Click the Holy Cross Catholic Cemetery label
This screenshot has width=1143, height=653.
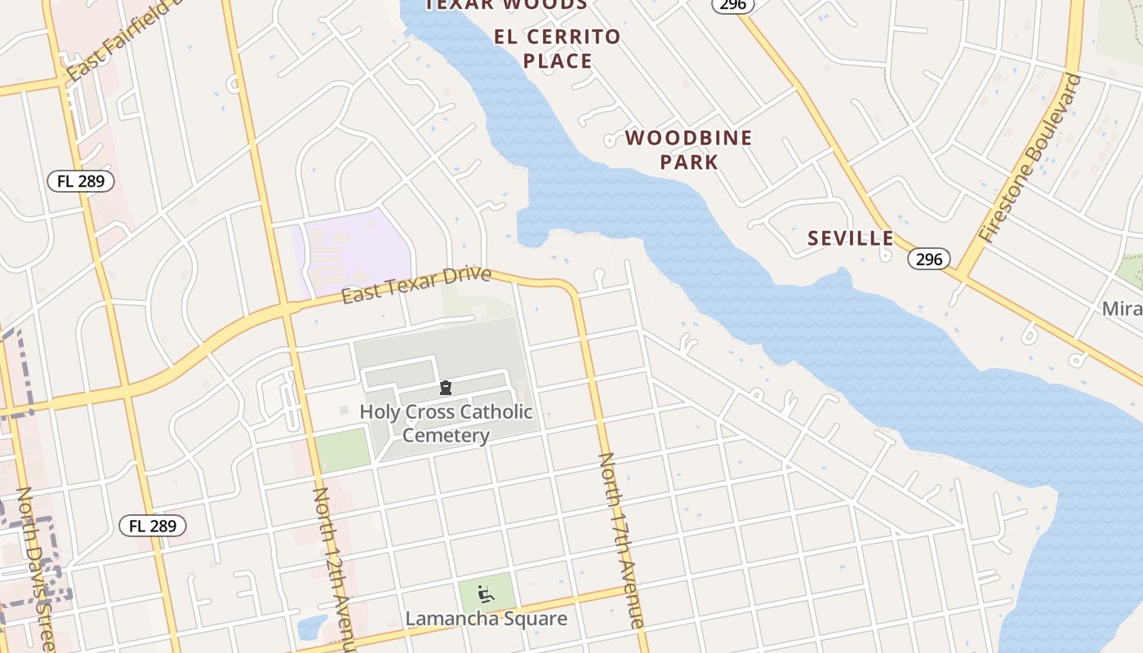pos(446,423)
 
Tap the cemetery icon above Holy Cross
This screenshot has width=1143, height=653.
pos(446,387)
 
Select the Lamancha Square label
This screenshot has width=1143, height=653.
pos(486,618)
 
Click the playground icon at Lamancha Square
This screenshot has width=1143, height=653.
pos(486,593)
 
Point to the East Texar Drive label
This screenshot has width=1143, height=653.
pos(416,286)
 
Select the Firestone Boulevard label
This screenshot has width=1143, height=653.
pos(1030,158)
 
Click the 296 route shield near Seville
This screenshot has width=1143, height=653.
pos(928,259)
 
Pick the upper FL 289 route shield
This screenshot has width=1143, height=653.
pos(80,181)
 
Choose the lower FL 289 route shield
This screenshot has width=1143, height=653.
pos(153,526)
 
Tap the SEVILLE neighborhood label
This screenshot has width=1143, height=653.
pos(850,238)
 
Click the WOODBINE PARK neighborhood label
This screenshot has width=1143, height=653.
pos(688,149)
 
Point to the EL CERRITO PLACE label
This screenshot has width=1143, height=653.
pos(558,49)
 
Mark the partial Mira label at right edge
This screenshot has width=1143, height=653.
pos(1122,309)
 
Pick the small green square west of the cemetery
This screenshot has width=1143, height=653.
pos(343,450)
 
